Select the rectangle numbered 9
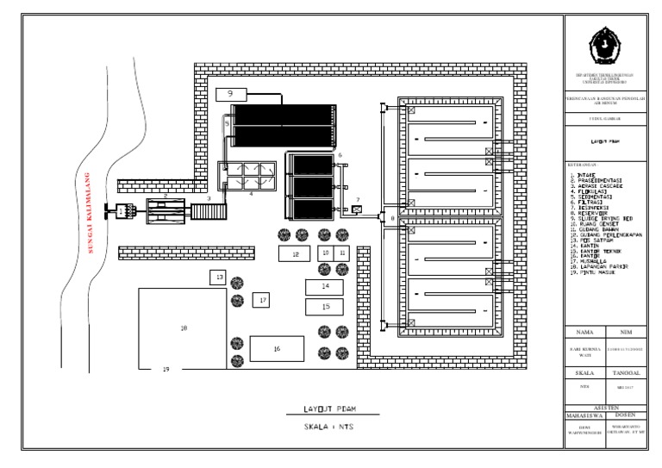tap(230, 92)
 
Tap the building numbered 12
tap(295, 253)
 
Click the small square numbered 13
tap(219, 277)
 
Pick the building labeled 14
tap(325, 285)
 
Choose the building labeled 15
tap(325, 306)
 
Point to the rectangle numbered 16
tap(277, 348)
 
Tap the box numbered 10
tap(325, 253)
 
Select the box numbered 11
tap(342, 253)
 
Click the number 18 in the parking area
tap(183, 328)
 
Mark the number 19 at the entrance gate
tap(165, 369)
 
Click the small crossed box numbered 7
tap(357, 208)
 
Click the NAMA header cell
tap(585, 331)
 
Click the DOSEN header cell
tap(631, 415)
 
